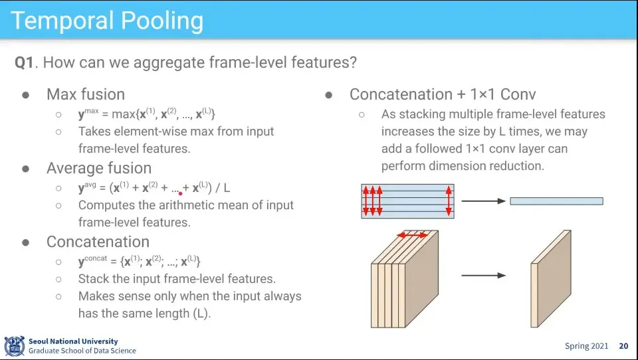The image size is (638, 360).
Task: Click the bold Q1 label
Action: point(24,62)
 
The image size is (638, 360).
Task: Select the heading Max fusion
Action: point(86,94)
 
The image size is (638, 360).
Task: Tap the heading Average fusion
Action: point(99,168)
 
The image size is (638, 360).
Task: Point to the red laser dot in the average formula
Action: point(180,194)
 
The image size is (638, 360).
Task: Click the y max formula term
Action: point(88,113)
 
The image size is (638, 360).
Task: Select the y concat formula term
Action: point(93,260)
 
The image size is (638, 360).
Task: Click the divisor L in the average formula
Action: point(227,188)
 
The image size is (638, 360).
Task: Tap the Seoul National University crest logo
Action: point(14,346)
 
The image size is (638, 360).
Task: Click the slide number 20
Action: point(623,346)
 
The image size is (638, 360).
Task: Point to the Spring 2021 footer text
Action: point(586,346)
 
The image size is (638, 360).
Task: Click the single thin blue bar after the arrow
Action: point(557,201)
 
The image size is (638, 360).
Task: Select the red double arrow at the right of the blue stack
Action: point(449,201)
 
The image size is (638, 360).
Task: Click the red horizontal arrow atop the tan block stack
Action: point(413,235)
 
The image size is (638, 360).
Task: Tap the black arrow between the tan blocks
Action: point(483,276)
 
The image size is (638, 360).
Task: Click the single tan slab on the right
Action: point(551,279)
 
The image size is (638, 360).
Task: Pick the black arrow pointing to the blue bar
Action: point(483,201)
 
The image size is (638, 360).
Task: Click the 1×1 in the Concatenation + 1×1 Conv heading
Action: point(482,94)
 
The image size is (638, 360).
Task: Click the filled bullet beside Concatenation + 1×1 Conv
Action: point(329,96)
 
